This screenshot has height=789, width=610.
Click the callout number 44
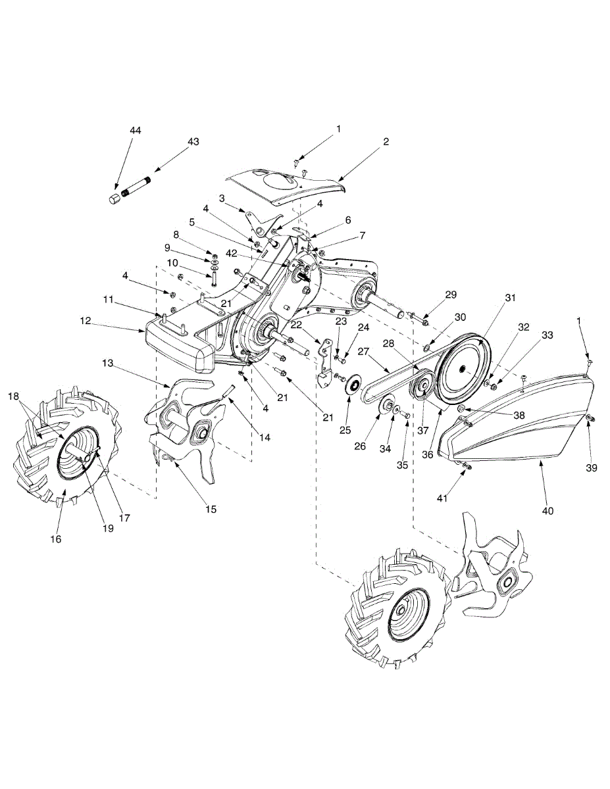(135, 131)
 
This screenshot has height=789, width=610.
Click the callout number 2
(386, 141)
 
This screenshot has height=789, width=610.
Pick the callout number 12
(85, 320)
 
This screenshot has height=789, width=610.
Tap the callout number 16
(56, 538)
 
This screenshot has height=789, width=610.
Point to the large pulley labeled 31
(465, 368)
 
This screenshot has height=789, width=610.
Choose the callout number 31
(509, 298)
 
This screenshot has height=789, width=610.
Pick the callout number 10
(172, 263)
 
